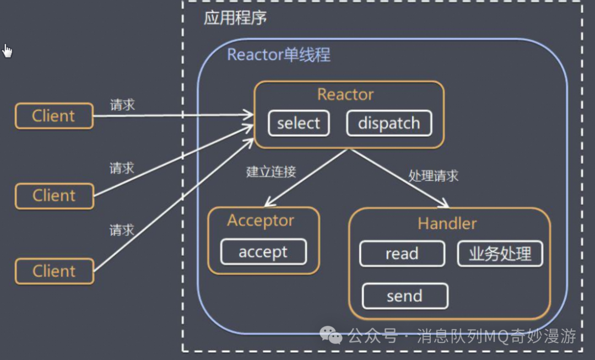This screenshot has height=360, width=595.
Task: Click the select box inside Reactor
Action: pyautogui.click(x=299, y=123)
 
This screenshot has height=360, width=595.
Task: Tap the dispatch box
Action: pyautogui.click(x=389, y=123)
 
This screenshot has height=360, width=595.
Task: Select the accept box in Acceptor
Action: pyautogui.click(x=263, y=252)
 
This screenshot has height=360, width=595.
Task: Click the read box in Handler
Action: pyautogui.click(x=402, y=254)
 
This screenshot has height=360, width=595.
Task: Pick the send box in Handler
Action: pyautogui.click(x=404, y=296)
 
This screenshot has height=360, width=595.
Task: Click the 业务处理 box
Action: pyautogui.click(x=500, y=254)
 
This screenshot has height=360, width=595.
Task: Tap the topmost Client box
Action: pyautogui.click(x=54, y=116)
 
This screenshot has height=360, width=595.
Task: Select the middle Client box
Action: pyautogui.click(x=54, y=196)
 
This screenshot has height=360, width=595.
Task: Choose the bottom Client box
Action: pyautogui.click(x=54, y=271)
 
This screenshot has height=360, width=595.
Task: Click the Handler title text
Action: pyautogui.click(x=447, y=223)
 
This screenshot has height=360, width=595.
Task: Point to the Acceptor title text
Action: pyautogui.click(x=261, y=221)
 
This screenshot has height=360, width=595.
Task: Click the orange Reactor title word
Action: pyautogui.click(x=345, y=94)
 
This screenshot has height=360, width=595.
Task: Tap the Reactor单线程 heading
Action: pyautogui.click(x=279, y=55)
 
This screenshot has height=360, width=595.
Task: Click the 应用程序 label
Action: pyautogui.click(x=235, y=18)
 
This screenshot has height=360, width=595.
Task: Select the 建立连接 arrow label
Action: pyautogui.click(x=271, y=171)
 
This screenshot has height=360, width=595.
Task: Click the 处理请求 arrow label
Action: pyautogui.click(x=434, y=176)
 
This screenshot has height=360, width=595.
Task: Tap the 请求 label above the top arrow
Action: pyautogui.click(x=122, y=105)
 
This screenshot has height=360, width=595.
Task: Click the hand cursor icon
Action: pyautogui.click(x=7, y=51)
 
